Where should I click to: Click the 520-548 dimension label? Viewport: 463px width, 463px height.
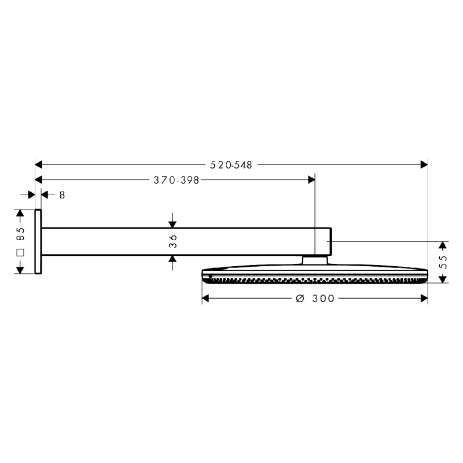(231, 165)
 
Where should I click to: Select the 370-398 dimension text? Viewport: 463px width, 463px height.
(176, 180)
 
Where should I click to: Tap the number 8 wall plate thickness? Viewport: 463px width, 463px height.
(62, 196)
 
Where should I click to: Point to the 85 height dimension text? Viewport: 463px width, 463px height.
(21, 234)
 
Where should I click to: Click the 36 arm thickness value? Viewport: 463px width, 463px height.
(172, 241)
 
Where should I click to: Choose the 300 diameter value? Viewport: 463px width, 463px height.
(322, 299)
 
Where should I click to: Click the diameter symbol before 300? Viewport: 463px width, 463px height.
(300, 299)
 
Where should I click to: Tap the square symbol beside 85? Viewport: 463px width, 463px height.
(21, 253)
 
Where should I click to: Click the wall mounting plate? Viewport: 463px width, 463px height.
(38, 241)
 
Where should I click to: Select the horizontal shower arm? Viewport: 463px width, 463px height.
(185, 241)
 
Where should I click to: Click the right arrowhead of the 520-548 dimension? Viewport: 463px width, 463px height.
(424, 165)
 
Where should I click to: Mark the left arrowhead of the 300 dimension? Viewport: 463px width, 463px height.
(206, 299)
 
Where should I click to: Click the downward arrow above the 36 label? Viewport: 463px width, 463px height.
(172, 222)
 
